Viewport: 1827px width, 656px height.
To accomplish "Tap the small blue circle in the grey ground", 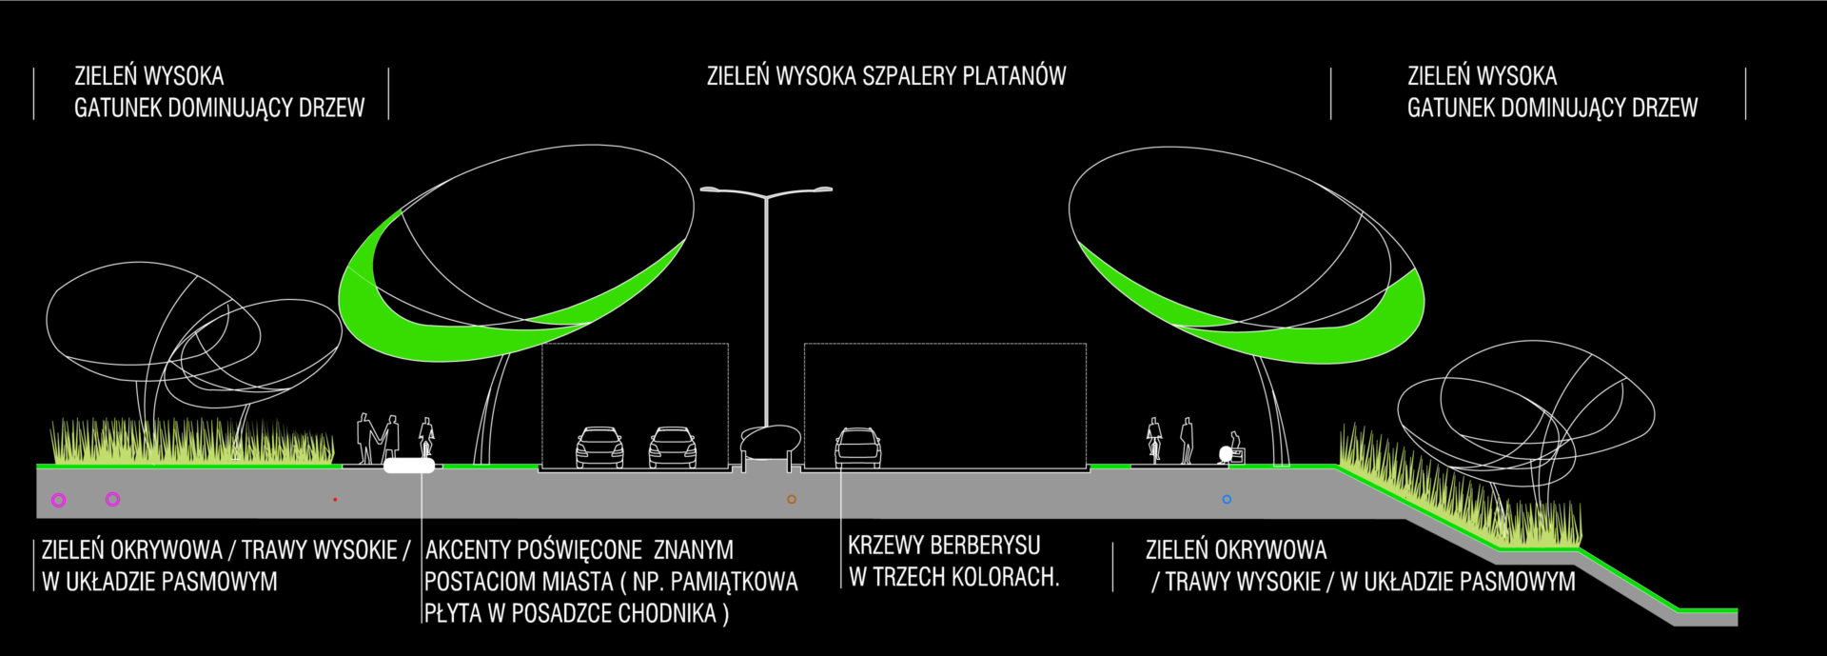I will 1227,499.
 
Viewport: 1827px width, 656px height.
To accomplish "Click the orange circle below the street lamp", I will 791,499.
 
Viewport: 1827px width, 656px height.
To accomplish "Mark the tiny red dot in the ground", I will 335,499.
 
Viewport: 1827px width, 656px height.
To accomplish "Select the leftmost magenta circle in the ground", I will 59,499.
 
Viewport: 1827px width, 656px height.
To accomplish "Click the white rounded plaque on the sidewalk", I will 409,466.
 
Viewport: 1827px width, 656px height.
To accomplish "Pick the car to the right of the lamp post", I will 858,447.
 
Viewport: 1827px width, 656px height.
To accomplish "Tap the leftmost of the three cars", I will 599,447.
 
